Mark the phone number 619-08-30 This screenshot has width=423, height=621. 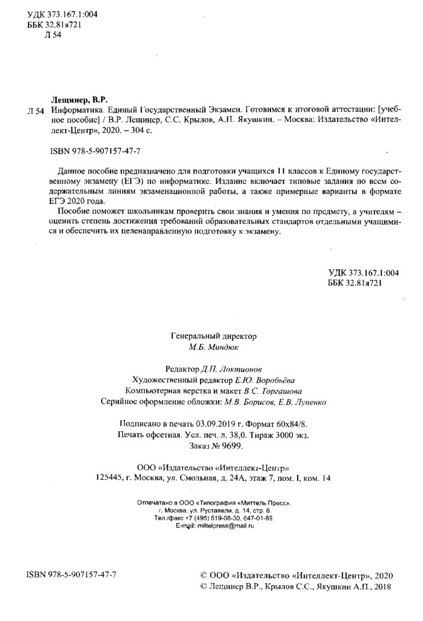click(224, 519)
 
